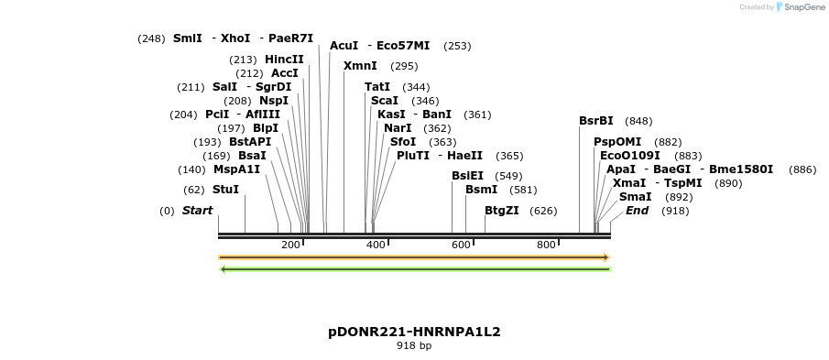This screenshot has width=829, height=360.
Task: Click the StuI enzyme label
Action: [225, 190]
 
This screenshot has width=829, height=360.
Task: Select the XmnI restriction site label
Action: [360, 66]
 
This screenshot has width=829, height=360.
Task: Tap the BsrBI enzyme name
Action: [596, 121]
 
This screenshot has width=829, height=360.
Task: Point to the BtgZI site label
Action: [502, 211]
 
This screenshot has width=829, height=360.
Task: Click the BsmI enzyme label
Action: [482, 190]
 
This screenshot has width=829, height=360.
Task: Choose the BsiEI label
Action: [468, 176]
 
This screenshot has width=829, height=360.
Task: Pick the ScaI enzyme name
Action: [385, 101]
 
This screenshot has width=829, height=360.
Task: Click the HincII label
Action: [284, 60]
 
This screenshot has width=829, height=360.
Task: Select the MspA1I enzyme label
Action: [237, 169]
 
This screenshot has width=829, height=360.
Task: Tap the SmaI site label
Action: [636, 197]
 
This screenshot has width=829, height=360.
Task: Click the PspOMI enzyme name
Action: [617, 142]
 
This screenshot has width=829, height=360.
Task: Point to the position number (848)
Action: [638, 121]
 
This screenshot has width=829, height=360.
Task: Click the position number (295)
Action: [404, 66]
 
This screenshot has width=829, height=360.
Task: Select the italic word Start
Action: [197, 211]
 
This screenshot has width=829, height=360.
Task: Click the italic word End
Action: [637, 211]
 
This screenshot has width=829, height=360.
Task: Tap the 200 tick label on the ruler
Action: [290, 245]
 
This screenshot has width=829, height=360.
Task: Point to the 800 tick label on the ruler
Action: [546, 245]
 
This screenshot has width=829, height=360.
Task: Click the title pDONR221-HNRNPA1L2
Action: [414, 332]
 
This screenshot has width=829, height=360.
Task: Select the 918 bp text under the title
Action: [414, 346]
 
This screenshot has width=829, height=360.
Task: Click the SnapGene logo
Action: [796, 7]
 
